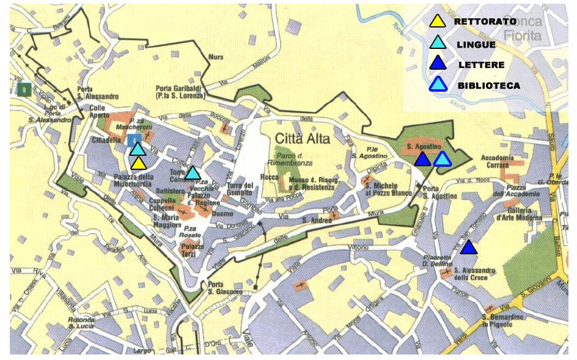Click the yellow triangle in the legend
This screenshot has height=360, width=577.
436,23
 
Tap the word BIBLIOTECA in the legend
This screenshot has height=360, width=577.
489,86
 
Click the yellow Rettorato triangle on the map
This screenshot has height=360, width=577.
138,163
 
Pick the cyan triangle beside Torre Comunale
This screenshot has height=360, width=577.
193,173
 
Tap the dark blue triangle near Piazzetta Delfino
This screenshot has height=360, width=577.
468,248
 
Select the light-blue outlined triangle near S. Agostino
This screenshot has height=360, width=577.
442,159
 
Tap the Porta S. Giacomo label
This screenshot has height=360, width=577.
226,288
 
